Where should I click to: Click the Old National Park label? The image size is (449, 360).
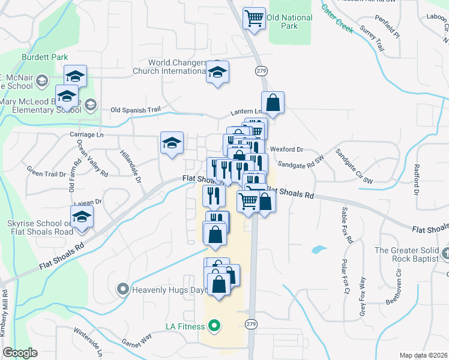point(290,22)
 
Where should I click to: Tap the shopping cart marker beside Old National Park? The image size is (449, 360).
point(254,18)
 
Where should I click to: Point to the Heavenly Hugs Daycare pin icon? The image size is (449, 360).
point(123,290)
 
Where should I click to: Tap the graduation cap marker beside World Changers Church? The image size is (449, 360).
point(217,73)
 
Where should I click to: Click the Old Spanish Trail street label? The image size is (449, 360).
point(136,110)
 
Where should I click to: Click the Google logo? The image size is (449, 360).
point(20,353)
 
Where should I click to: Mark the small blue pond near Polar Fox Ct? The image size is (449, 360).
point(319,249)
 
